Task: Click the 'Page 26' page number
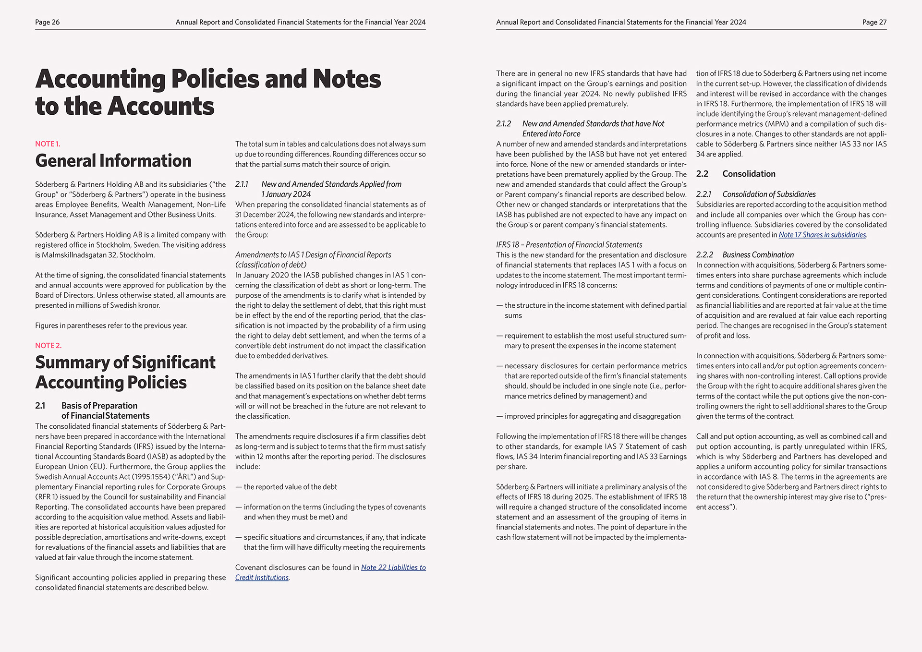pyautogui.click(x=47, y=22)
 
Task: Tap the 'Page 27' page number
pyautogui.click(x=874, y=22)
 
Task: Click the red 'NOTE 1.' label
pyautogui.click(x=48, y=144)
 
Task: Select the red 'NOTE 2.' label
pyautogui.click(x=48, y=346)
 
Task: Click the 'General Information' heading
pyautogui.click(x=113, y=161)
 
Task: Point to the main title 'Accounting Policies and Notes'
pyautogui.click(x=208, y=79)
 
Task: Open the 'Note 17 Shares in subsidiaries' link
pyautogui.click(x=822, y=235)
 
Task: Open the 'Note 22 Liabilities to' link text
pyautogui.click(x=393, y=567)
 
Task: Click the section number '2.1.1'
pyautogui.click(x=242, y=184)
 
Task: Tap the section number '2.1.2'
pyautogui.click(x=503, y=124)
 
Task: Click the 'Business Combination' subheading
pyautogui.click(x=758, y=255)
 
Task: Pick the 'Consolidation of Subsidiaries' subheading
pyautogui.click(x=769, y=194)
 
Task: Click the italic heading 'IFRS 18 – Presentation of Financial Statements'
pyautogui.click(x=569, y=245)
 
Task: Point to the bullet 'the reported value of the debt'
pyautogui.click(x=290, y=487)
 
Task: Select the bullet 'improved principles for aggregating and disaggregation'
pyautogui.click(x=592, y=416)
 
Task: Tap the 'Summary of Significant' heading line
pyautogui.click(x=125, y=362)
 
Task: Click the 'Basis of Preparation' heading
pyautogui.click(x=99, y=406)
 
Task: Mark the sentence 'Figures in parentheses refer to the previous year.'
pyautogui.click(x=111, y=326)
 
